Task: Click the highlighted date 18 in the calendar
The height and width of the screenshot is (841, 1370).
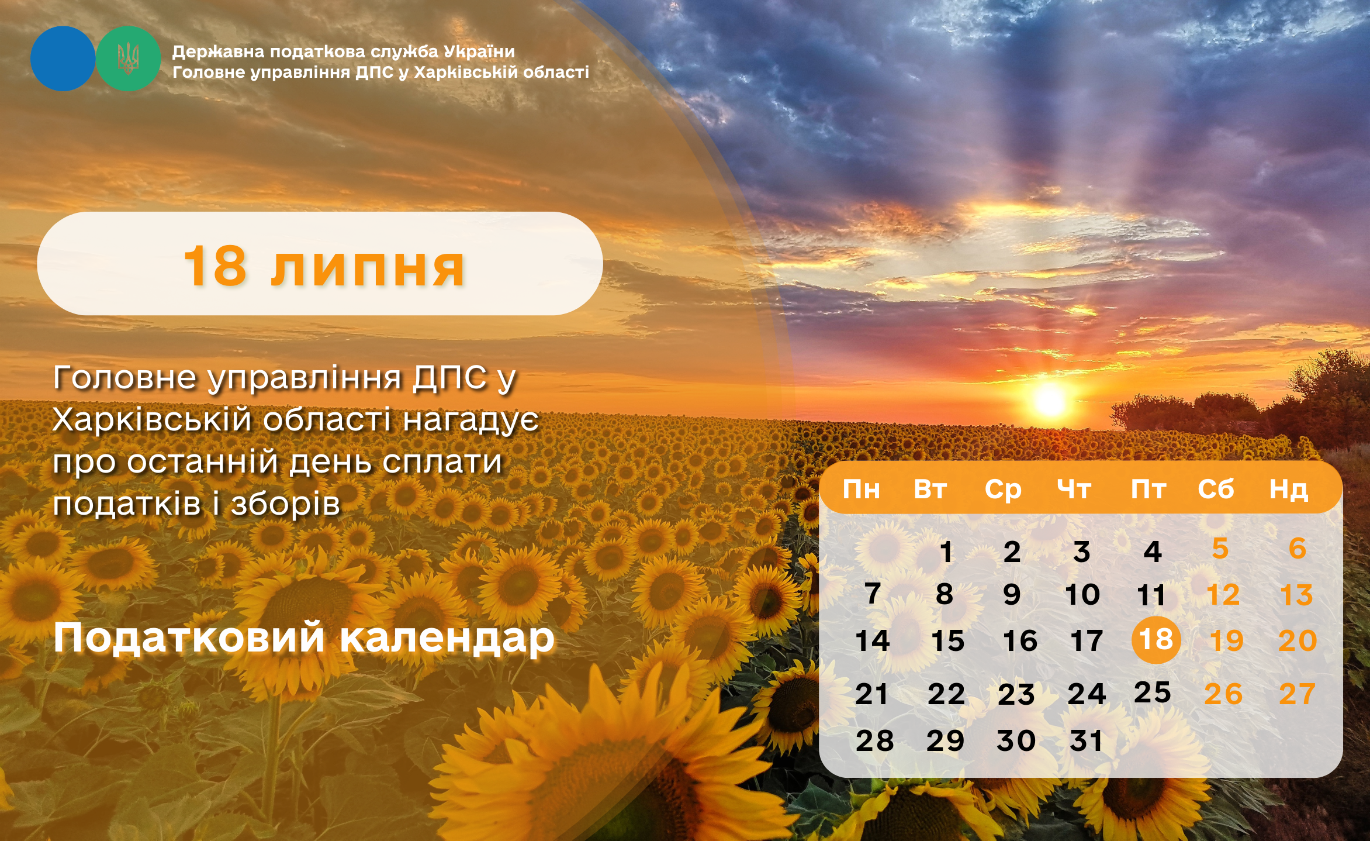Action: tap(1156, 639)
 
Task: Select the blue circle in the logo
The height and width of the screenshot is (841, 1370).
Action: tap(63, 58)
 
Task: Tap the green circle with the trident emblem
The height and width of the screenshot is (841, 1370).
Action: tap(128, 58)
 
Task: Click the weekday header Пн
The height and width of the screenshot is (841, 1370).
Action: tap(861, 489)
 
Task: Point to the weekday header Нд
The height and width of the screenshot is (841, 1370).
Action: tap(1288, 489)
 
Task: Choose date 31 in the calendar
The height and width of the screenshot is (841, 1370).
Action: tap(1086, 741)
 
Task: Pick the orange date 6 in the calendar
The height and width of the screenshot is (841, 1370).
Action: tap(1298, 549)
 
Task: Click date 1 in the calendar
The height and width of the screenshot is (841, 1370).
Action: tap(946, 552)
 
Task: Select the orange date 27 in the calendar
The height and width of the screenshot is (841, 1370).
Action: tap(1297, 694)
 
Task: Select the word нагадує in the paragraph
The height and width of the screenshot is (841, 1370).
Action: tap(470, 421)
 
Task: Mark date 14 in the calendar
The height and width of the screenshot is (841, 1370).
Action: tap(872, 641)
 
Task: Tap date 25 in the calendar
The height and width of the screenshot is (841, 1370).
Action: tap(1152, 692)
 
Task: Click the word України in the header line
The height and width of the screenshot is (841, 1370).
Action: tap(479, 51)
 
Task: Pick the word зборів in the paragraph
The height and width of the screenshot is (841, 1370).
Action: tap(285, 504)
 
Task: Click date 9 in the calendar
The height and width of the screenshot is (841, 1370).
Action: tap(1012, 595)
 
